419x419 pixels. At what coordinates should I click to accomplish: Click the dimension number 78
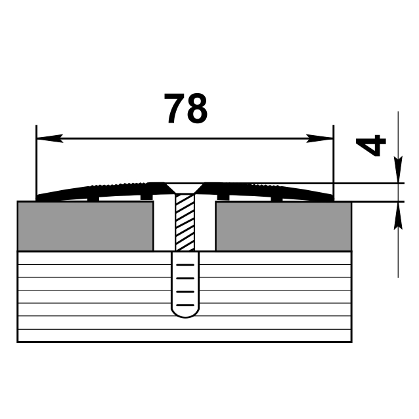coord(186,109)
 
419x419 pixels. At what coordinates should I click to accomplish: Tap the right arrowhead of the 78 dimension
coord(321,138)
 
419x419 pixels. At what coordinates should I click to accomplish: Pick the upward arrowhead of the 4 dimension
coord(397,214)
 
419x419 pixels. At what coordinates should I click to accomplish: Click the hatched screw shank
coord(185,222)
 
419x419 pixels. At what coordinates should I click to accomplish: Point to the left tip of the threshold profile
coord(39,197)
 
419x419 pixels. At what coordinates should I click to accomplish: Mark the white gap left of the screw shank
coord(164,226)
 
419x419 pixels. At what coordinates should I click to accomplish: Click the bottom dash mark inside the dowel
coord(185,305)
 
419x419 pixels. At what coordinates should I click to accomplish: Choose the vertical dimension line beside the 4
coord(397,249)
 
